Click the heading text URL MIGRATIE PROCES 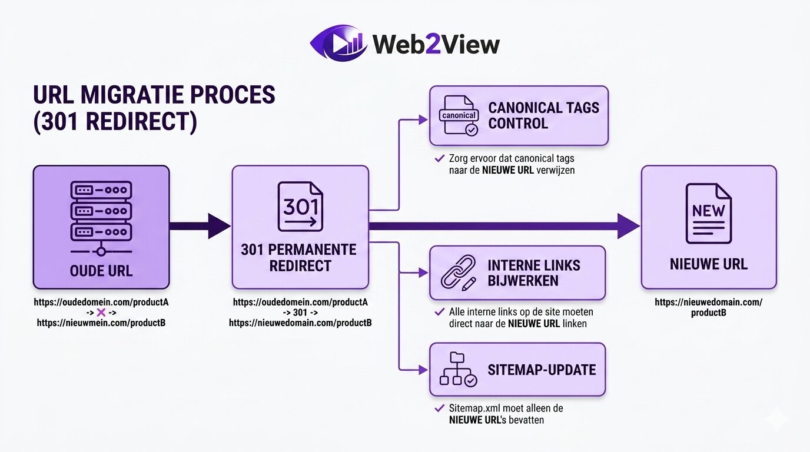[x=154, y=96]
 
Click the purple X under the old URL [x=101, y=313]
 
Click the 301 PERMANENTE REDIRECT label [x=299, y=257]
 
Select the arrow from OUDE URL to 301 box [x=200, y=225]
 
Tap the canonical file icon [x=459, y=116]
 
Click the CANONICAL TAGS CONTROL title [x=543, y=115]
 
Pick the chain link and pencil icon [x=459, y=273]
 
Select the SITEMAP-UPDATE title [x=542, y=370]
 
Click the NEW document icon [x=709, y=213]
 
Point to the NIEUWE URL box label [x=709, y=264]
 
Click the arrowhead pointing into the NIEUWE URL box [x=629, y=225]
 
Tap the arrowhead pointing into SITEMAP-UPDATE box [x=423, y=370]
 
